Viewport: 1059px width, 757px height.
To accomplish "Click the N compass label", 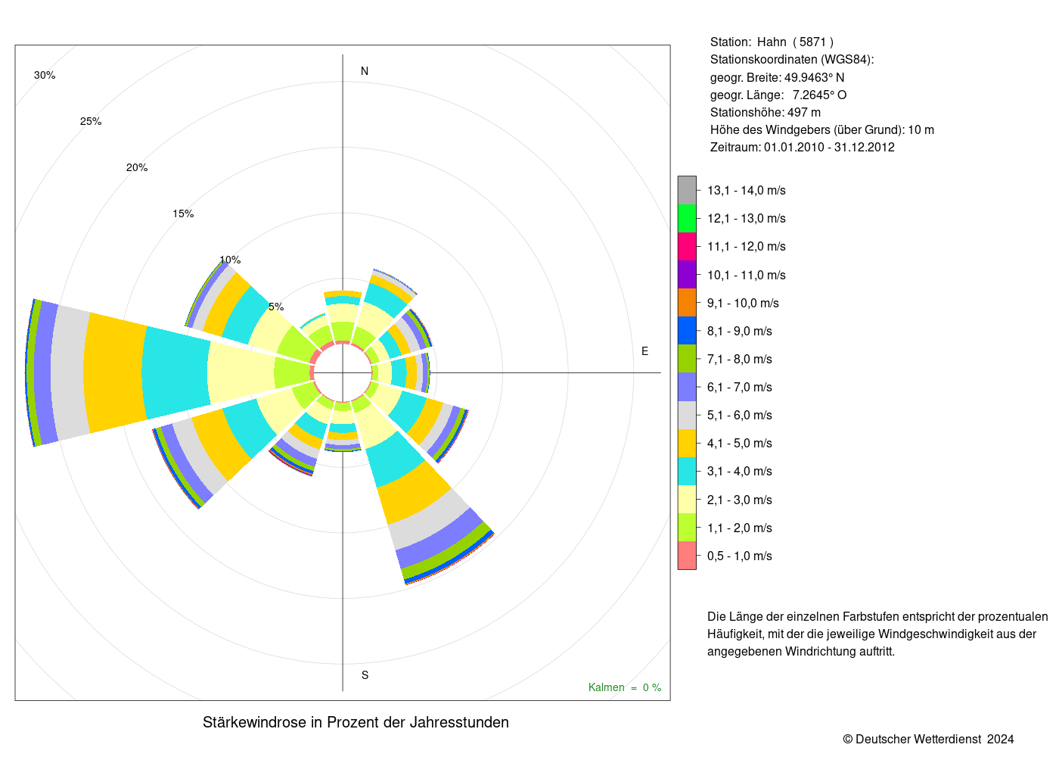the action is pos(365,71).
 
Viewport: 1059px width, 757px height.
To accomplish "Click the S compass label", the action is pos(365,675).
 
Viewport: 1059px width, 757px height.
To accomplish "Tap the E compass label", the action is pos(644,351).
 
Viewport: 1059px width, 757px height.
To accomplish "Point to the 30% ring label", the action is pos(45,75).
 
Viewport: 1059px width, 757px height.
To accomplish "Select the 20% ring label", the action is pos(137,167).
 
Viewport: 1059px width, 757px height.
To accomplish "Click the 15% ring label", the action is pos(183,213).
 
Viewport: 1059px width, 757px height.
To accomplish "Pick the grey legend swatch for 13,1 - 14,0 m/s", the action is pos(687,190).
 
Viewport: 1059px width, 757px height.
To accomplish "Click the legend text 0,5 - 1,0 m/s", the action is pos(740,556).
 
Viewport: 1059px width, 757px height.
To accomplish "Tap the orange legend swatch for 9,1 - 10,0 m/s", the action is pos(687,303).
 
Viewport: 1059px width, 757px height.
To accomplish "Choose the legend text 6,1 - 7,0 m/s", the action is pos(740,388).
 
